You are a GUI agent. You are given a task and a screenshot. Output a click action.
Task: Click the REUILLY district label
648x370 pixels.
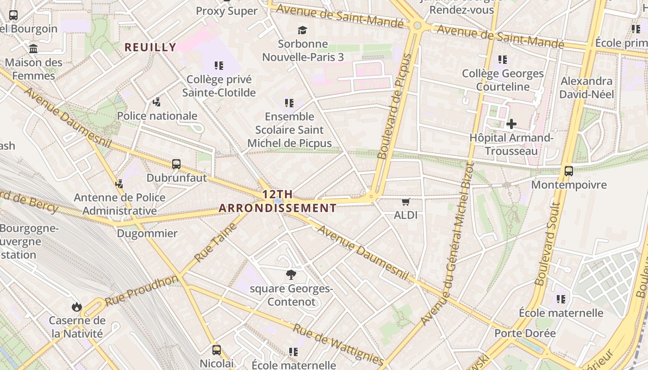pos(150,47)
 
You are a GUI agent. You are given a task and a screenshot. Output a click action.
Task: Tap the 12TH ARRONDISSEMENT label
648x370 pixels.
pos(278,201)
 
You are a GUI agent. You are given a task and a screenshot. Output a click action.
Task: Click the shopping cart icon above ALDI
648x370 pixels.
pos(406,202)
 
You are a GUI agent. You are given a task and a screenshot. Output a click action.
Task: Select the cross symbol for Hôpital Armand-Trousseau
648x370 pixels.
pos(511,124)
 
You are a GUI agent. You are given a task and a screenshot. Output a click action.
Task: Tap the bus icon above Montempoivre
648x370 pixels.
pos(569,171)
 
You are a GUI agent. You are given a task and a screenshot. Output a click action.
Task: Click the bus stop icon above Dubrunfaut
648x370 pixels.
pos(176,164)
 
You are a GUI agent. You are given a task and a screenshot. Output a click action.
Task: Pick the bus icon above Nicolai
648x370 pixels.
pos(217,350)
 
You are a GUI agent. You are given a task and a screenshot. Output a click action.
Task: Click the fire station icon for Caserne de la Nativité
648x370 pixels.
pos(77,307)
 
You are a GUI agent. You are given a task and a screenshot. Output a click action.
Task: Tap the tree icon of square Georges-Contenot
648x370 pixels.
pos(291,275)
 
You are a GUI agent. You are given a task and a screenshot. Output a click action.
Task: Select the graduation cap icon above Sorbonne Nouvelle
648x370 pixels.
pos(302,31)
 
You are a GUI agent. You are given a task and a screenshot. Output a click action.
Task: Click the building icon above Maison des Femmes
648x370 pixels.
pos(33,49)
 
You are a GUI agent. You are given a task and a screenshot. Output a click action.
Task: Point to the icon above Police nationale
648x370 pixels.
pos(157,102)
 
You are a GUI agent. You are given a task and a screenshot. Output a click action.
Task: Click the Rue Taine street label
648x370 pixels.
pos(216,243)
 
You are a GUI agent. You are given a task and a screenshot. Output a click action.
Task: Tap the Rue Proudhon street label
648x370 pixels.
pos(141,290)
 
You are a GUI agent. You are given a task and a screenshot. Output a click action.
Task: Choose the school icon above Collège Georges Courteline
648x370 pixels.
pos(503,60)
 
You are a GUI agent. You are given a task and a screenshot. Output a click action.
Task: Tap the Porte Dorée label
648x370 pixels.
pos(525,333)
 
